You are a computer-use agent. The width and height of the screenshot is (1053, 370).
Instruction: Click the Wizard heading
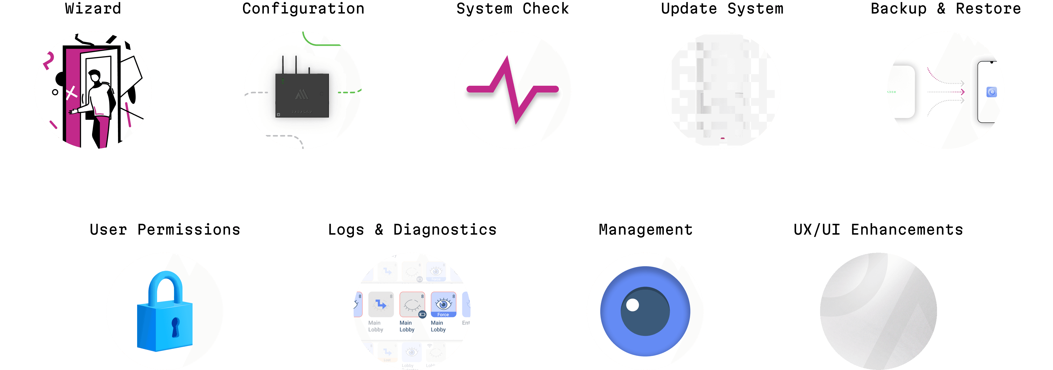[93, 8]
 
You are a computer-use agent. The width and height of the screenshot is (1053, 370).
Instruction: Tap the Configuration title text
[303, 8]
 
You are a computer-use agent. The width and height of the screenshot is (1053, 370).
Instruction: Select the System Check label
[513, 8]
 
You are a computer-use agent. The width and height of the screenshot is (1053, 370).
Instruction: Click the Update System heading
[722, 8]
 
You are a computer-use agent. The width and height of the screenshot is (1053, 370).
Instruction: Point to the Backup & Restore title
[945, 8]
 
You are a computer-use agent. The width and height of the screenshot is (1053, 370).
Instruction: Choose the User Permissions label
[165, 230]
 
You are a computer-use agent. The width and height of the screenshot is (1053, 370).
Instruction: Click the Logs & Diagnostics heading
[412, 230]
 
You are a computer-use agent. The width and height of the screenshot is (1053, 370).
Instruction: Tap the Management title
[645, 230]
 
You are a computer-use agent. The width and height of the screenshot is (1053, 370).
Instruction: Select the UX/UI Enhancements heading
[878, 230]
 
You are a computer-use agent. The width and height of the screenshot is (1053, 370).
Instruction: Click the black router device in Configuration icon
[302, 95]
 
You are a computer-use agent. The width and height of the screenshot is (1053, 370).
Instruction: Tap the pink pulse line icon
[513, 89]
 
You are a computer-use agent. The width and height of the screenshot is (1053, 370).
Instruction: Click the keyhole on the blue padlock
[175, 327]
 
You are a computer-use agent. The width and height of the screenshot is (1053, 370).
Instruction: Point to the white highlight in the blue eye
[632, 305]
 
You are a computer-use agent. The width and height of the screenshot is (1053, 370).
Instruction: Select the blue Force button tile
[443, 305]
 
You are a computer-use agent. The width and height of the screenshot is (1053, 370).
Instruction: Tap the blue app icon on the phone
[991, 92]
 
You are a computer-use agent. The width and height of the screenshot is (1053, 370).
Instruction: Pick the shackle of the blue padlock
[165, 287]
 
